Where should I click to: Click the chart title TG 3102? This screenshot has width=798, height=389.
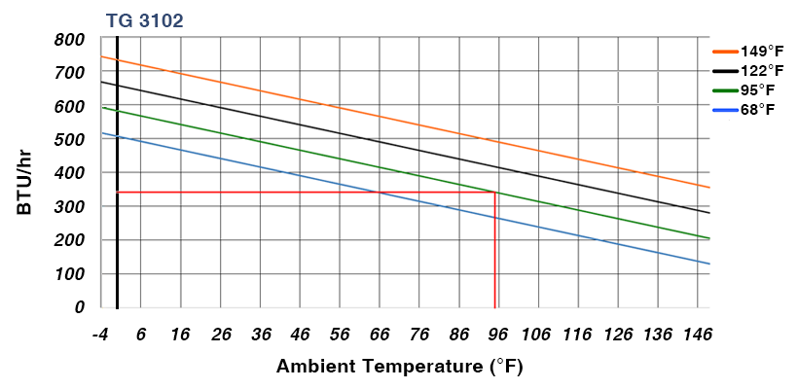pyautogui.click(x=144, y=19)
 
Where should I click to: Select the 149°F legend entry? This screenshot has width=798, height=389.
pyautogui.click(x=748, y=51)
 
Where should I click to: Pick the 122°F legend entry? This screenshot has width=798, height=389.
pyautogui.click(x=748, y=70)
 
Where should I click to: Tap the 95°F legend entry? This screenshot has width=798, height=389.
pyautogui.click(x=748, y=89)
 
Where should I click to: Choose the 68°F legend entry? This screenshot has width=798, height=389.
pyautogui.click(x=748, y=109)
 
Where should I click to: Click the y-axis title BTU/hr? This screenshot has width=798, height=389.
pyautogui.click(x=26, y=174)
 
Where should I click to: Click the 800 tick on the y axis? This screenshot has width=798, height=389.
pyautogui.click(x=70, y=40)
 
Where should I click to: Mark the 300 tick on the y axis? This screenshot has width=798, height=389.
pyautogui.click(x=70, y=207)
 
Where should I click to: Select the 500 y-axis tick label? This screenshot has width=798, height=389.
pyautogui.click(x=70, y=140)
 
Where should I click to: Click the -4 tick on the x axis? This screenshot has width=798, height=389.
pyautogui.click(x=99, y=335)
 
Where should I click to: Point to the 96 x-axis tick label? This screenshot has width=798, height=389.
pyautogui.click(x=497, y=335)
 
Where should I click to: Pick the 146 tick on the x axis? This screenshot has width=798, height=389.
pyautogui.click(x=697, y=335)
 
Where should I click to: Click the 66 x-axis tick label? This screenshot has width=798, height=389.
pyautogui.click(x=379, y=335)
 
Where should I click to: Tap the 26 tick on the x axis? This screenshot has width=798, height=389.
pyautogui.click(x=220, y=335)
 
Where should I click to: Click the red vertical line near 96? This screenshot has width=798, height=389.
pyautogui.click(x=495, y=253)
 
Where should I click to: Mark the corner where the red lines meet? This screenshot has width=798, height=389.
pyautogui.click(x=495, y=193)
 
